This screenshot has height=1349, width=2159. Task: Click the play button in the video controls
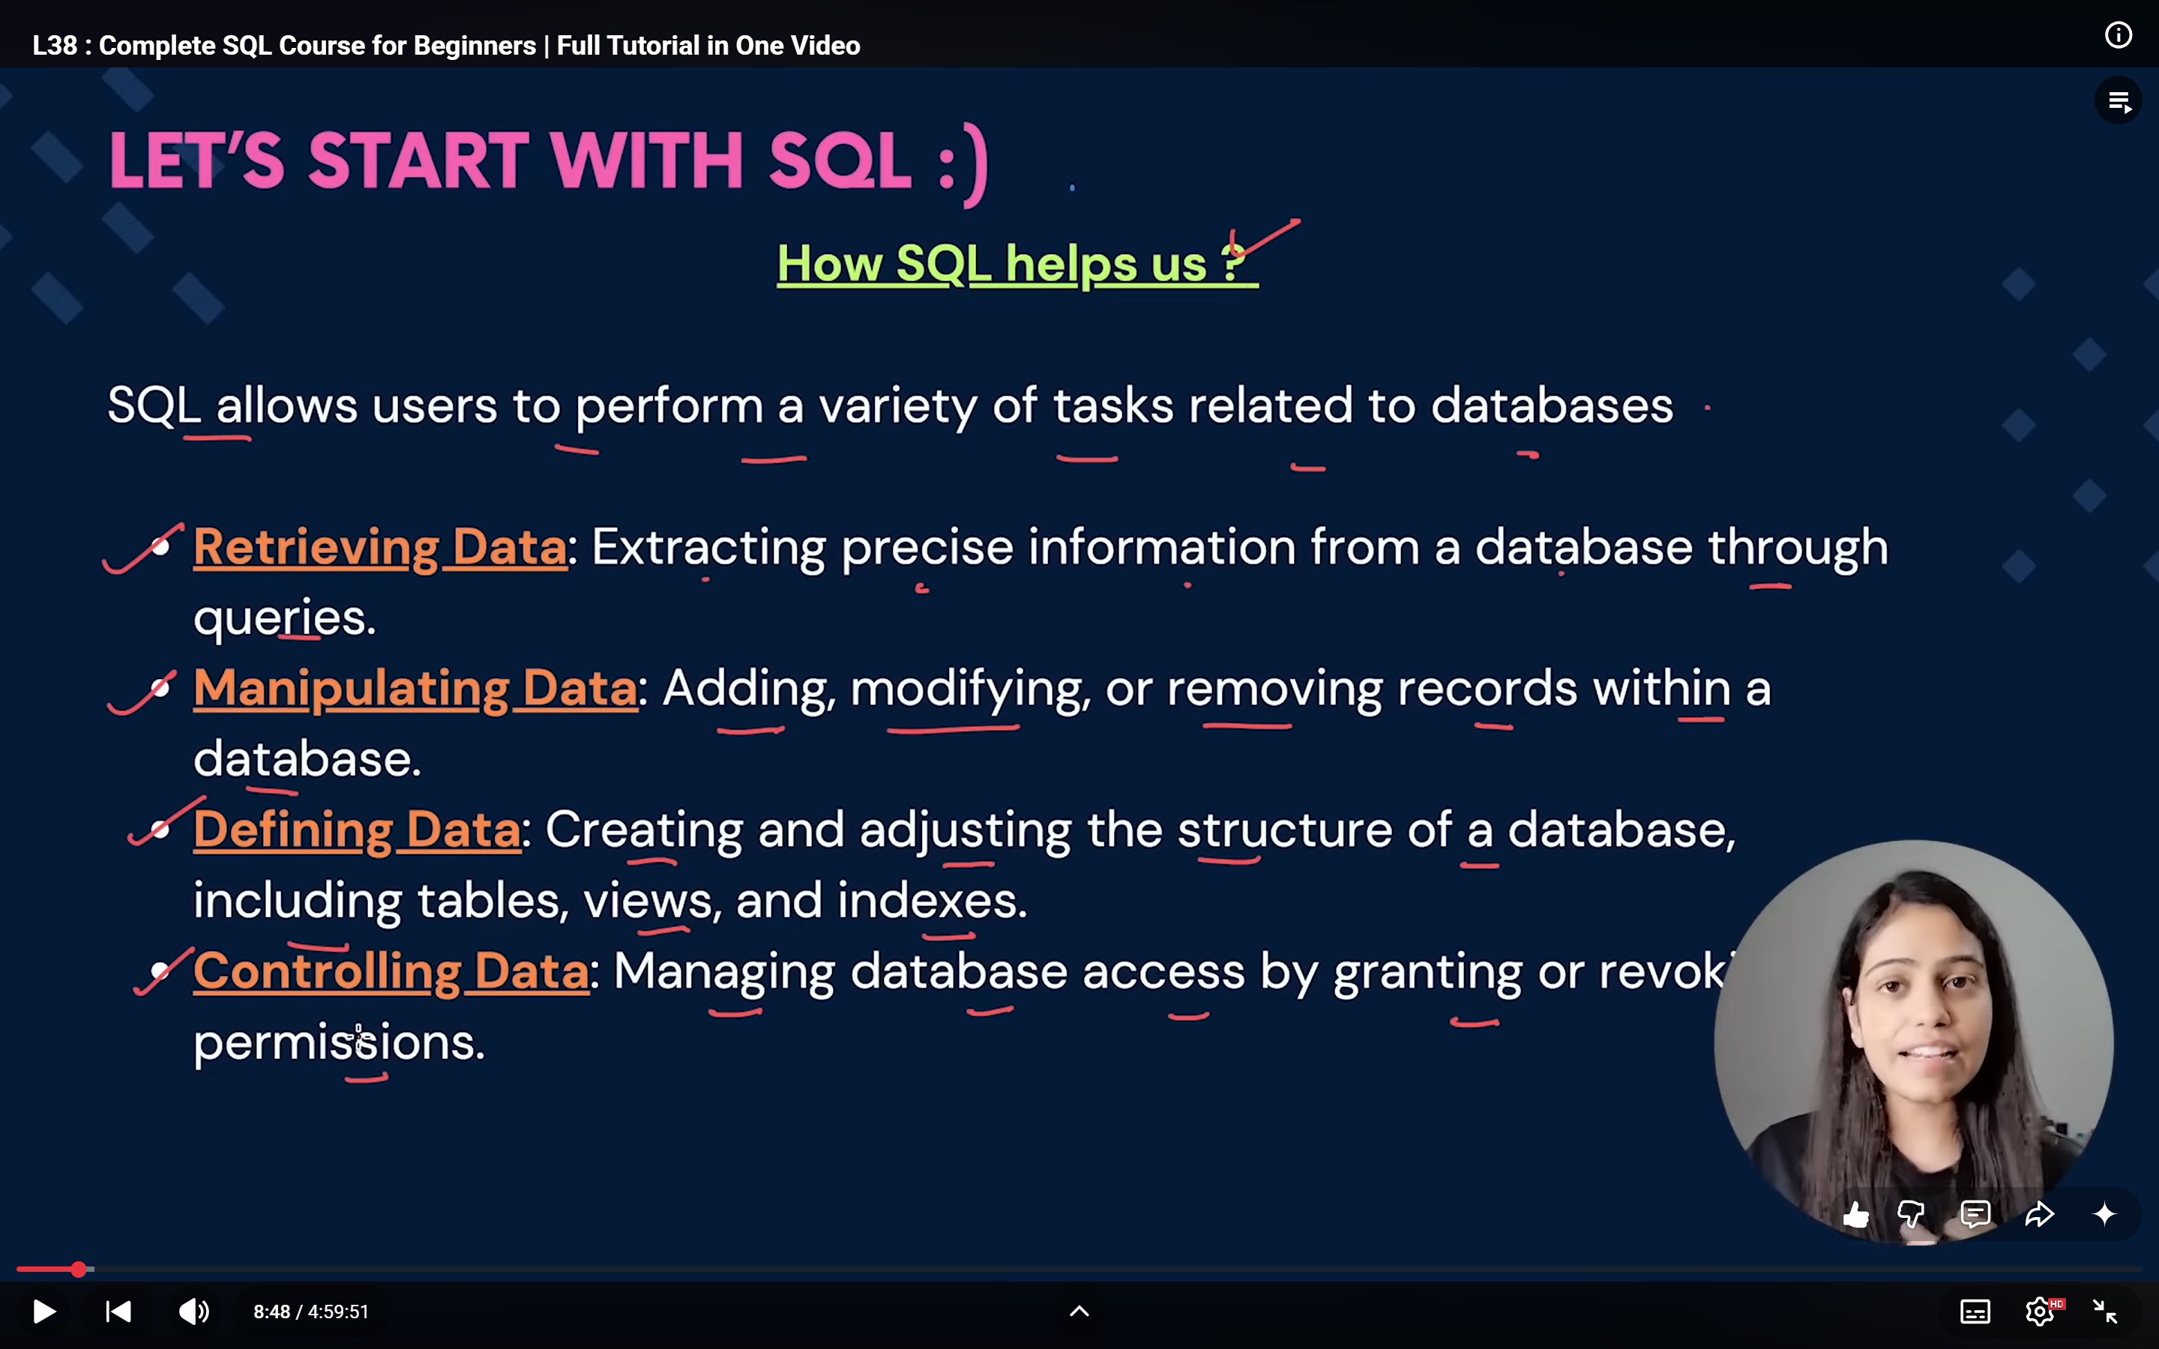(x=43, y=1312)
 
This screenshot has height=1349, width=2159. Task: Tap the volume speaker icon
(x=193, y=1312)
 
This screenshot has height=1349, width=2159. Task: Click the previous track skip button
(x=118, y=1312)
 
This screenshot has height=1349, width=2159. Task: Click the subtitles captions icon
(x=1975, y=1312)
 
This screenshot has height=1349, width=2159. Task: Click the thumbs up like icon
(x=1855, y=1214)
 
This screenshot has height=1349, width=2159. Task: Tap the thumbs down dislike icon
(x=1911, y=1214)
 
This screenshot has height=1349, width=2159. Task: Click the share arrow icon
(x=2041, y=1214)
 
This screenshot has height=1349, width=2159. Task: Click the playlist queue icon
(x=2119, y=102)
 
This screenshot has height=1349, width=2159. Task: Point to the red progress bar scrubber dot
(x=79, y=1269)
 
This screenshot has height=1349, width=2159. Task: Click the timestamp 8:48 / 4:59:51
(x=310, y=1312)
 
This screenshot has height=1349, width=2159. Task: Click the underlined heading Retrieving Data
(x=380, y=547)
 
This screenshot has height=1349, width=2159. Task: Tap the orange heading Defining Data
(x=357, y=830)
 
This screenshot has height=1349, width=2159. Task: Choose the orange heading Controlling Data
(x=391, y=971)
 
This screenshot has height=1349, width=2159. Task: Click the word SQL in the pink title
(x=840, y=160)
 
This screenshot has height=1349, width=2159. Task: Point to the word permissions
(x=339, y=1042)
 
